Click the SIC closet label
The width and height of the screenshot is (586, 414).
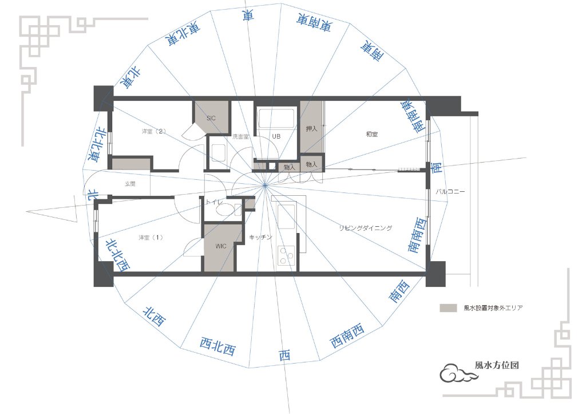(211, 118)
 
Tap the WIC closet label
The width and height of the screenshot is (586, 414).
(221, 246)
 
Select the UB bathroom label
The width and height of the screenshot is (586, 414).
(276, 136)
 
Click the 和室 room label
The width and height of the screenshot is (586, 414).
(372, 134)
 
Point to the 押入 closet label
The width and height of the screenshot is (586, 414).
(311, 129)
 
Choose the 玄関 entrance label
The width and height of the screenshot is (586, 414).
(130, 184)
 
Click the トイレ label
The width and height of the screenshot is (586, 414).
(214, 202)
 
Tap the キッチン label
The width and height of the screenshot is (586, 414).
(260, 237)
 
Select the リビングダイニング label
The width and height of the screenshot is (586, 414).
(366, 228)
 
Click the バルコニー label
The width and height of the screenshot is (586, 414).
(450, 191)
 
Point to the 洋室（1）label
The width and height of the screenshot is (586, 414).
(151, 238)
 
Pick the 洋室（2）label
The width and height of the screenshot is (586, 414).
(154, 131)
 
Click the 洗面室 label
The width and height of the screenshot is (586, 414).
(241, 136)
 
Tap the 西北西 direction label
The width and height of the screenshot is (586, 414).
(217, 346)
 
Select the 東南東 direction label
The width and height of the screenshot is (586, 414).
(314, 22)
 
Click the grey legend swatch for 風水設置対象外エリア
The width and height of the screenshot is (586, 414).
(448, 308)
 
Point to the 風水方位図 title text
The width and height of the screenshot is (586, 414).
(497, 365)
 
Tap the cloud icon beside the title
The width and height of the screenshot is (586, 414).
(457, 373)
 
